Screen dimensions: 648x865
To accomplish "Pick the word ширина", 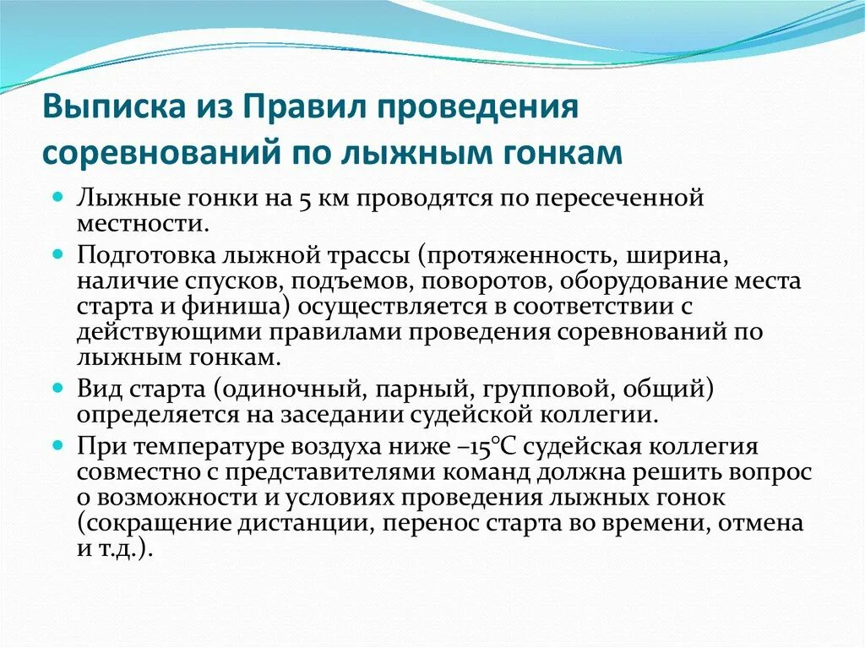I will (x=682, y=255).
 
